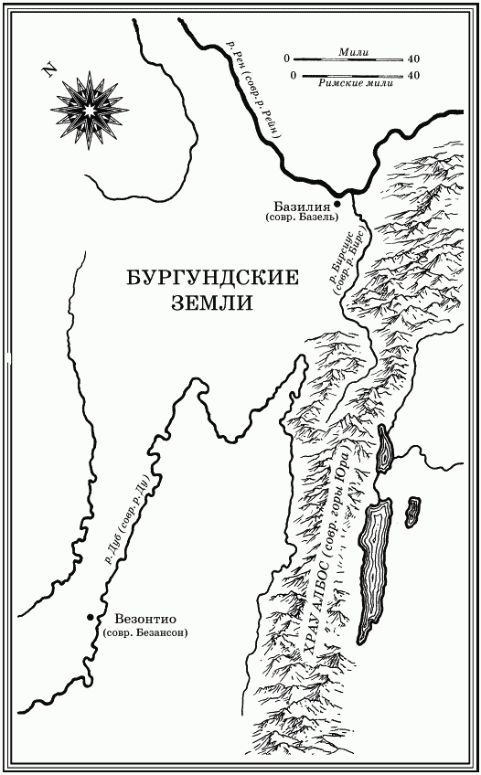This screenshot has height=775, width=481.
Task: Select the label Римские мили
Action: tap(350, 85)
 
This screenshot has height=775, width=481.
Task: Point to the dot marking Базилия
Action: tap(337, 196)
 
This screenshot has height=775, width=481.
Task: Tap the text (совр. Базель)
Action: tap(301, 218)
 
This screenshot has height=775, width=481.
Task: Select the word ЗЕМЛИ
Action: tap(210, 303)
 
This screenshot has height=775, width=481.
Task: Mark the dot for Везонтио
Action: tap(90, 618)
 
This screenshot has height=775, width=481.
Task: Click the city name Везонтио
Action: tap(140, 618)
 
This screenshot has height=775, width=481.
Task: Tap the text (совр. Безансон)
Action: tap(146, 633)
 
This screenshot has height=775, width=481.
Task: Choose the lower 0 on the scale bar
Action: tap(293, 75)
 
